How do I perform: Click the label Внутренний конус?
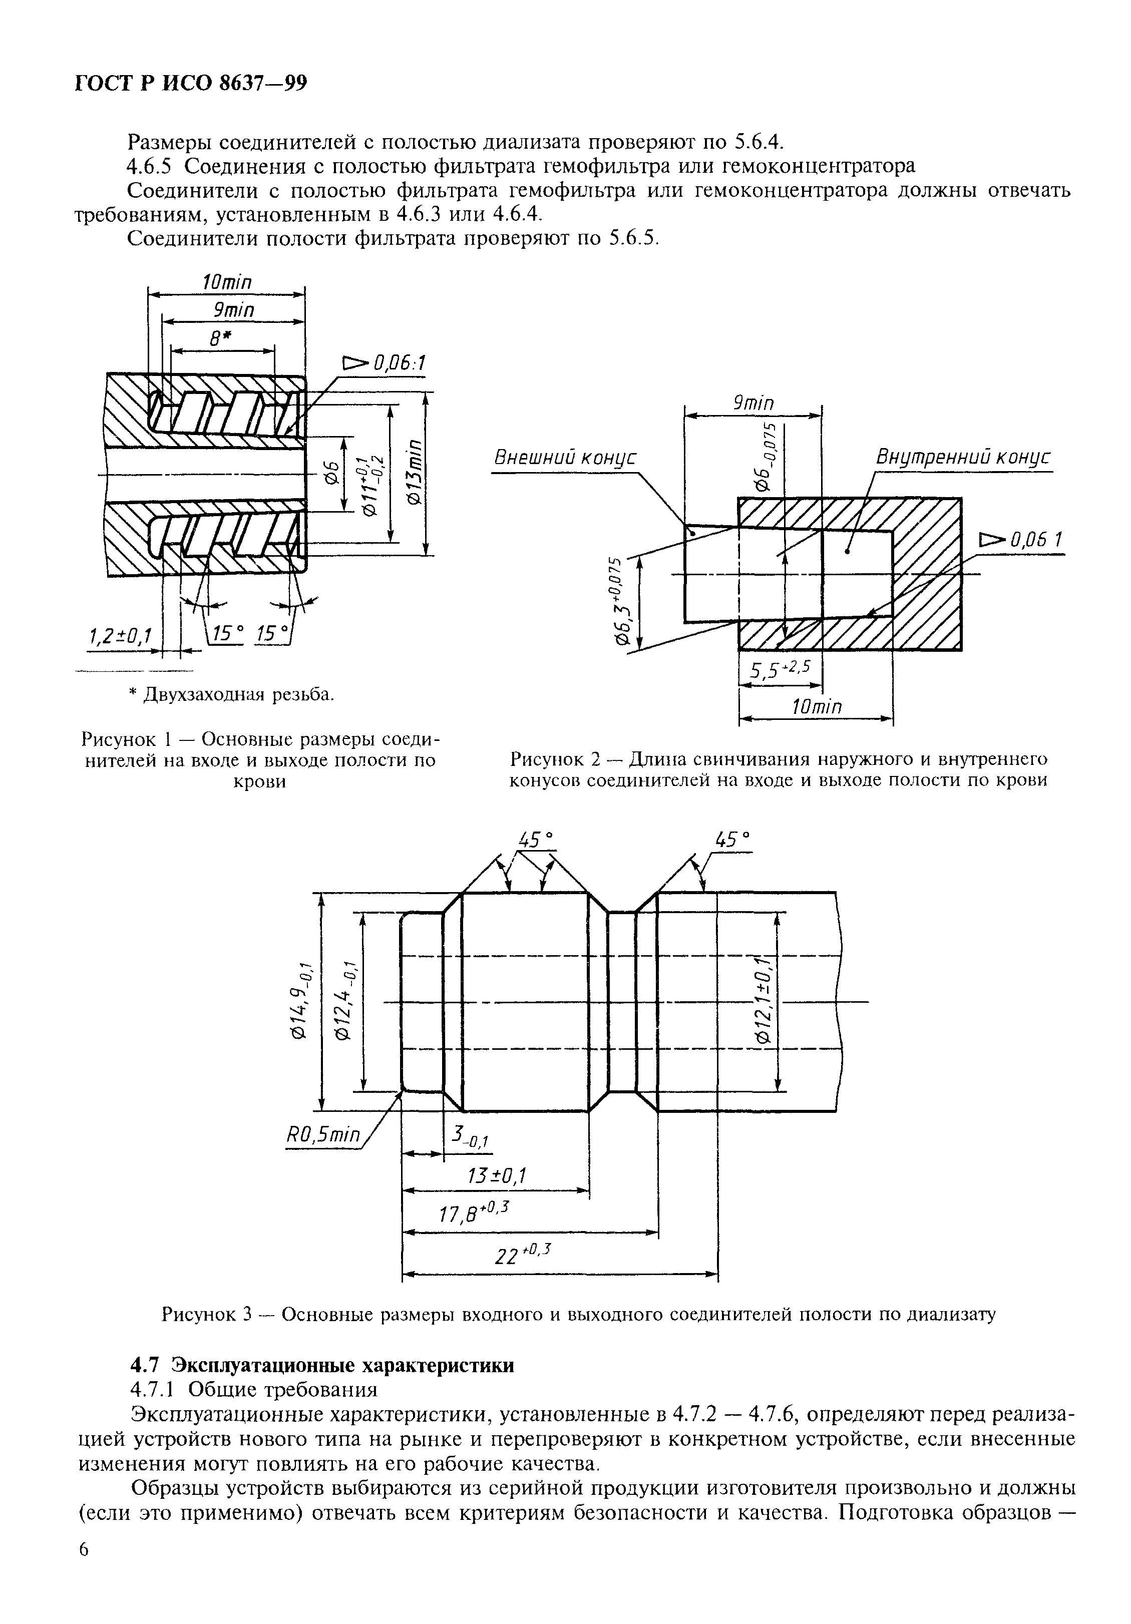[963, 457]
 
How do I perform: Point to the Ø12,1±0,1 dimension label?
[763, 1001]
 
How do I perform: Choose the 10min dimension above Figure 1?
[227, 281]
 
